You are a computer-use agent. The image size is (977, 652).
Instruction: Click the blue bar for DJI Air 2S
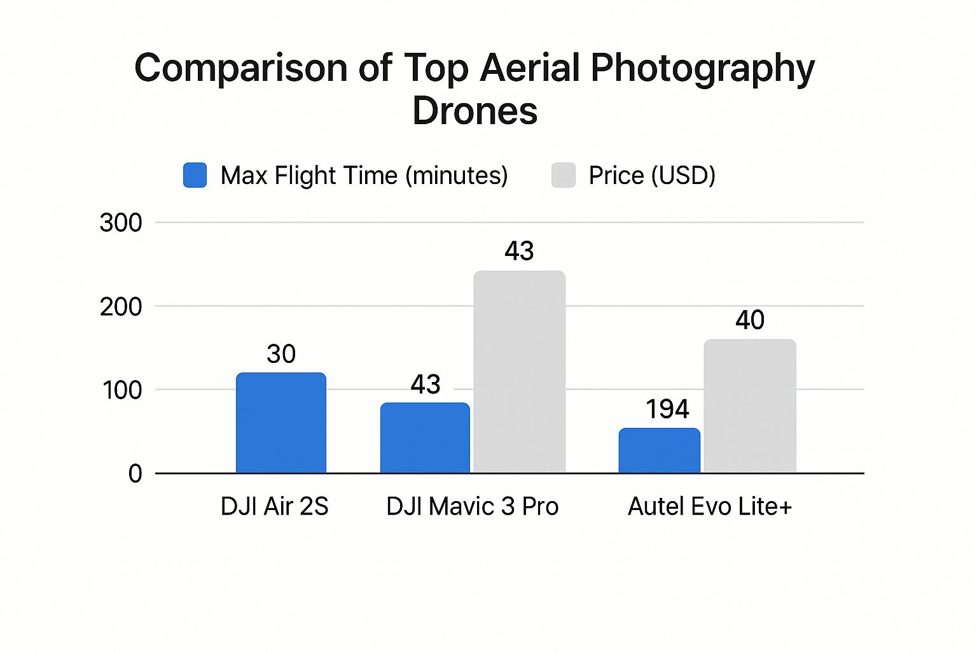281,423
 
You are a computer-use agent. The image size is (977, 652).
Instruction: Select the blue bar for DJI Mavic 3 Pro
425,438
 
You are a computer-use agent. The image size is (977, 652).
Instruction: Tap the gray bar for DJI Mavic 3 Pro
519,372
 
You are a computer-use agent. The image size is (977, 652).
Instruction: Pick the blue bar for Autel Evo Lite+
659,451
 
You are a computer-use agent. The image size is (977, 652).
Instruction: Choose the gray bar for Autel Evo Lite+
750,406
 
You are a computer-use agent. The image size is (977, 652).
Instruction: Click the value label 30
281,354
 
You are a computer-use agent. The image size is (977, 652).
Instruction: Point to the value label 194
667,409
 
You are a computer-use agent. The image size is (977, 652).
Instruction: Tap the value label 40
750,320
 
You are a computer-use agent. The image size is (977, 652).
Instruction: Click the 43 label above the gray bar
519,252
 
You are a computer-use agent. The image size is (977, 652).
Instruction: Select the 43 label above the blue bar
426,385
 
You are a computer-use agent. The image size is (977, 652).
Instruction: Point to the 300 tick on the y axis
121,223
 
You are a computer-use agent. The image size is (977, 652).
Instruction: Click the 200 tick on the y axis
121,307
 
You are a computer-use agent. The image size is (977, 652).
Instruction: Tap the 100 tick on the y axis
122,390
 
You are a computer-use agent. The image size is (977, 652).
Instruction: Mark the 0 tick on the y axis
135,474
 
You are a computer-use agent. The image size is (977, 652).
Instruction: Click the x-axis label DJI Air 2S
274,507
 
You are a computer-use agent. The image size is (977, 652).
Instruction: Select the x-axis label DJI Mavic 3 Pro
472,507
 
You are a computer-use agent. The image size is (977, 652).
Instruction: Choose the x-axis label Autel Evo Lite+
710,507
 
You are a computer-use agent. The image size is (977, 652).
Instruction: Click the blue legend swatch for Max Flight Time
195,175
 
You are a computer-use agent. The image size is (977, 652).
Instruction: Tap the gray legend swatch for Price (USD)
564,175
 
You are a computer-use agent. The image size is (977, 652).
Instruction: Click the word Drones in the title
475,111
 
